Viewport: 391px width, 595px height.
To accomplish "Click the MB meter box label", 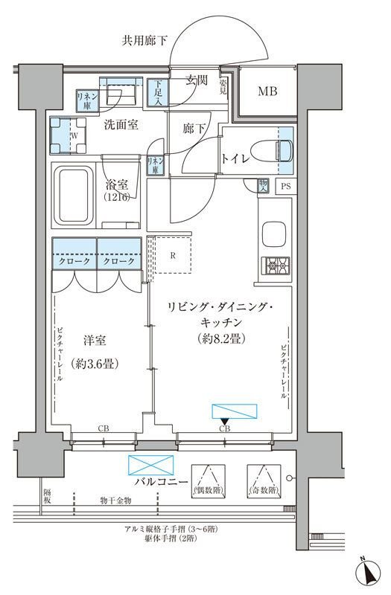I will pos(268,92).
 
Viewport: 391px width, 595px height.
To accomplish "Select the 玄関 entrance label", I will pos(196,80).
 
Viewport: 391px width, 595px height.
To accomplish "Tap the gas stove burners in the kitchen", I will pos(273,264).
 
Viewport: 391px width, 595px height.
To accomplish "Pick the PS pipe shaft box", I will pos(286,187).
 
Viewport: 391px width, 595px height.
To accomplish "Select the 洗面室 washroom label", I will pos(121,125).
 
